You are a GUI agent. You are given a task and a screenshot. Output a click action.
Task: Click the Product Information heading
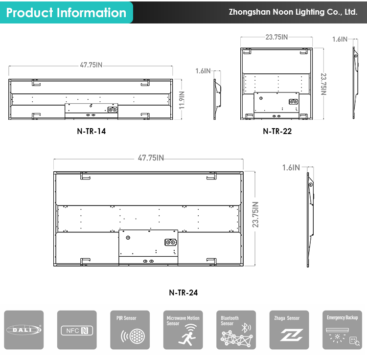pos(66,12)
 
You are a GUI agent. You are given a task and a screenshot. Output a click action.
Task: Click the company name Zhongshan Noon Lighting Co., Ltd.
pos(293,12)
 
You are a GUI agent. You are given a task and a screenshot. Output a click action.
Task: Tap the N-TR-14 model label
pos(92,131)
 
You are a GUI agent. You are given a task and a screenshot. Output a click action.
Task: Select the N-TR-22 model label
pos(277,131)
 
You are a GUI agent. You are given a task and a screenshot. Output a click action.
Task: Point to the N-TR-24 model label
pos(183,292)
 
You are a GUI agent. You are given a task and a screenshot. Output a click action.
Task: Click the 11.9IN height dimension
pos(182,100)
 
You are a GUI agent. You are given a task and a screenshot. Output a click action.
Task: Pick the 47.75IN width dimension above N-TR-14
pos(91,65)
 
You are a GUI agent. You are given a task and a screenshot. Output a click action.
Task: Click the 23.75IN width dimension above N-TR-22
pos(276,37)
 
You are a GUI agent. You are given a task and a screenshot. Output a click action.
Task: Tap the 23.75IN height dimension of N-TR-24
pos(255,215)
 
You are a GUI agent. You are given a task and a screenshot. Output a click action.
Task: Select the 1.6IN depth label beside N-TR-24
pos(291,167)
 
